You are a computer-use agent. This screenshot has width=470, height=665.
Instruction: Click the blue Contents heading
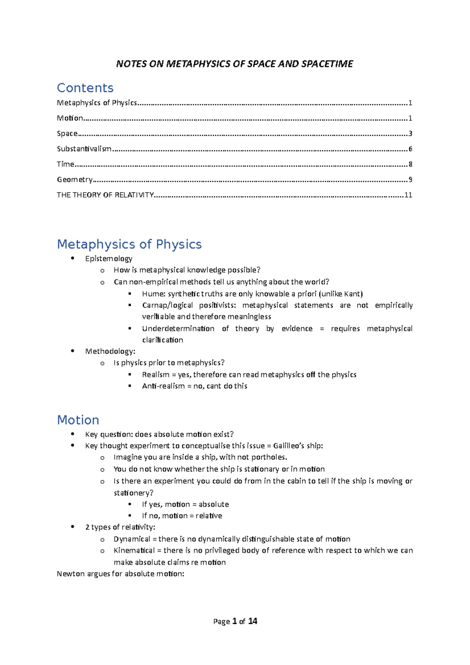[x=85, y=88]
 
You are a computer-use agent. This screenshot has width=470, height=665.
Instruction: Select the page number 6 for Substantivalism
[x=410, y=149]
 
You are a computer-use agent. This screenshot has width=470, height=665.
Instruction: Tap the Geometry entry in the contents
[x=74, y=179]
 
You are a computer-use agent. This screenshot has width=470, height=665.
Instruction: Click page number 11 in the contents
[x=408, y=195]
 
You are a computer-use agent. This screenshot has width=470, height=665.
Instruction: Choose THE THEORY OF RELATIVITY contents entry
[x=105, y=195]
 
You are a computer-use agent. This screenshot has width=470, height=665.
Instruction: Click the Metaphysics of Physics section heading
[x=129, y=244]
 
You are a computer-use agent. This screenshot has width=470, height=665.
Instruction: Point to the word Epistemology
[x=108, y=258]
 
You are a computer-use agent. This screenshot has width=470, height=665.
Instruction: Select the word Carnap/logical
[x=167, y=305]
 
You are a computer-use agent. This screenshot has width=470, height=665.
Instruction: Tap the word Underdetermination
[x=178, y=329]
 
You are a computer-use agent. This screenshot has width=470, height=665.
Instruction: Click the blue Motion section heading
[x=78, y=420]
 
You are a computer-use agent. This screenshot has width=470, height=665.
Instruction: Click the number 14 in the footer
[x=253, y=621]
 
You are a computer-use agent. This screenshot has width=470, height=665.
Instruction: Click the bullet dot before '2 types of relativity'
[x=72, y=527]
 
